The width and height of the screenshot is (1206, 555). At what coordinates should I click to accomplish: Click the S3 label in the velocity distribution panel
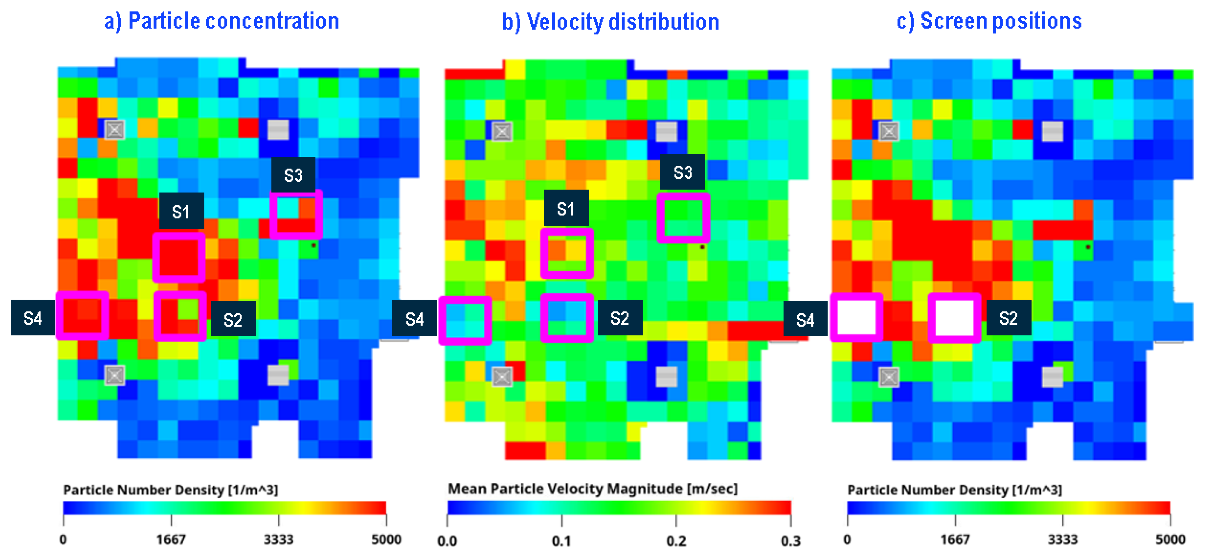[682, 172]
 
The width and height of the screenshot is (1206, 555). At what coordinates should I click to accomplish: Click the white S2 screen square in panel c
[955, 318]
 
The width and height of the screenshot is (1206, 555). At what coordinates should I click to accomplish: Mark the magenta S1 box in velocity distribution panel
[567, 253]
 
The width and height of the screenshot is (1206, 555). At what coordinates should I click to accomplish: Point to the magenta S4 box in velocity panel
[465, 320]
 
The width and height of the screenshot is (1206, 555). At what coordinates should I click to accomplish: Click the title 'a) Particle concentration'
[221, 21]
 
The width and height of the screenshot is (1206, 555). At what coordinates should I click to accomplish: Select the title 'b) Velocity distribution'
[611, 22]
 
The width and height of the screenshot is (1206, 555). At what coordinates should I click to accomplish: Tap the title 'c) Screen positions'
[989, 21]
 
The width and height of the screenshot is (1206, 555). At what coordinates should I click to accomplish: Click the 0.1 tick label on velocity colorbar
[561, 541]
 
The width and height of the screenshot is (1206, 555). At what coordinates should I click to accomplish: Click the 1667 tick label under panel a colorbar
[171, 540]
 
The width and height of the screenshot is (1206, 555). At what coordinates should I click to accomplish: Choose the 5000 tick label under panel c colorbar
[1170, 540]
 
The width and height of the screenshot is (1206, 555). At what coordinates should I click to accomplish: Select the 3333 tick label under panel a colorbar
[279, 540]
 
